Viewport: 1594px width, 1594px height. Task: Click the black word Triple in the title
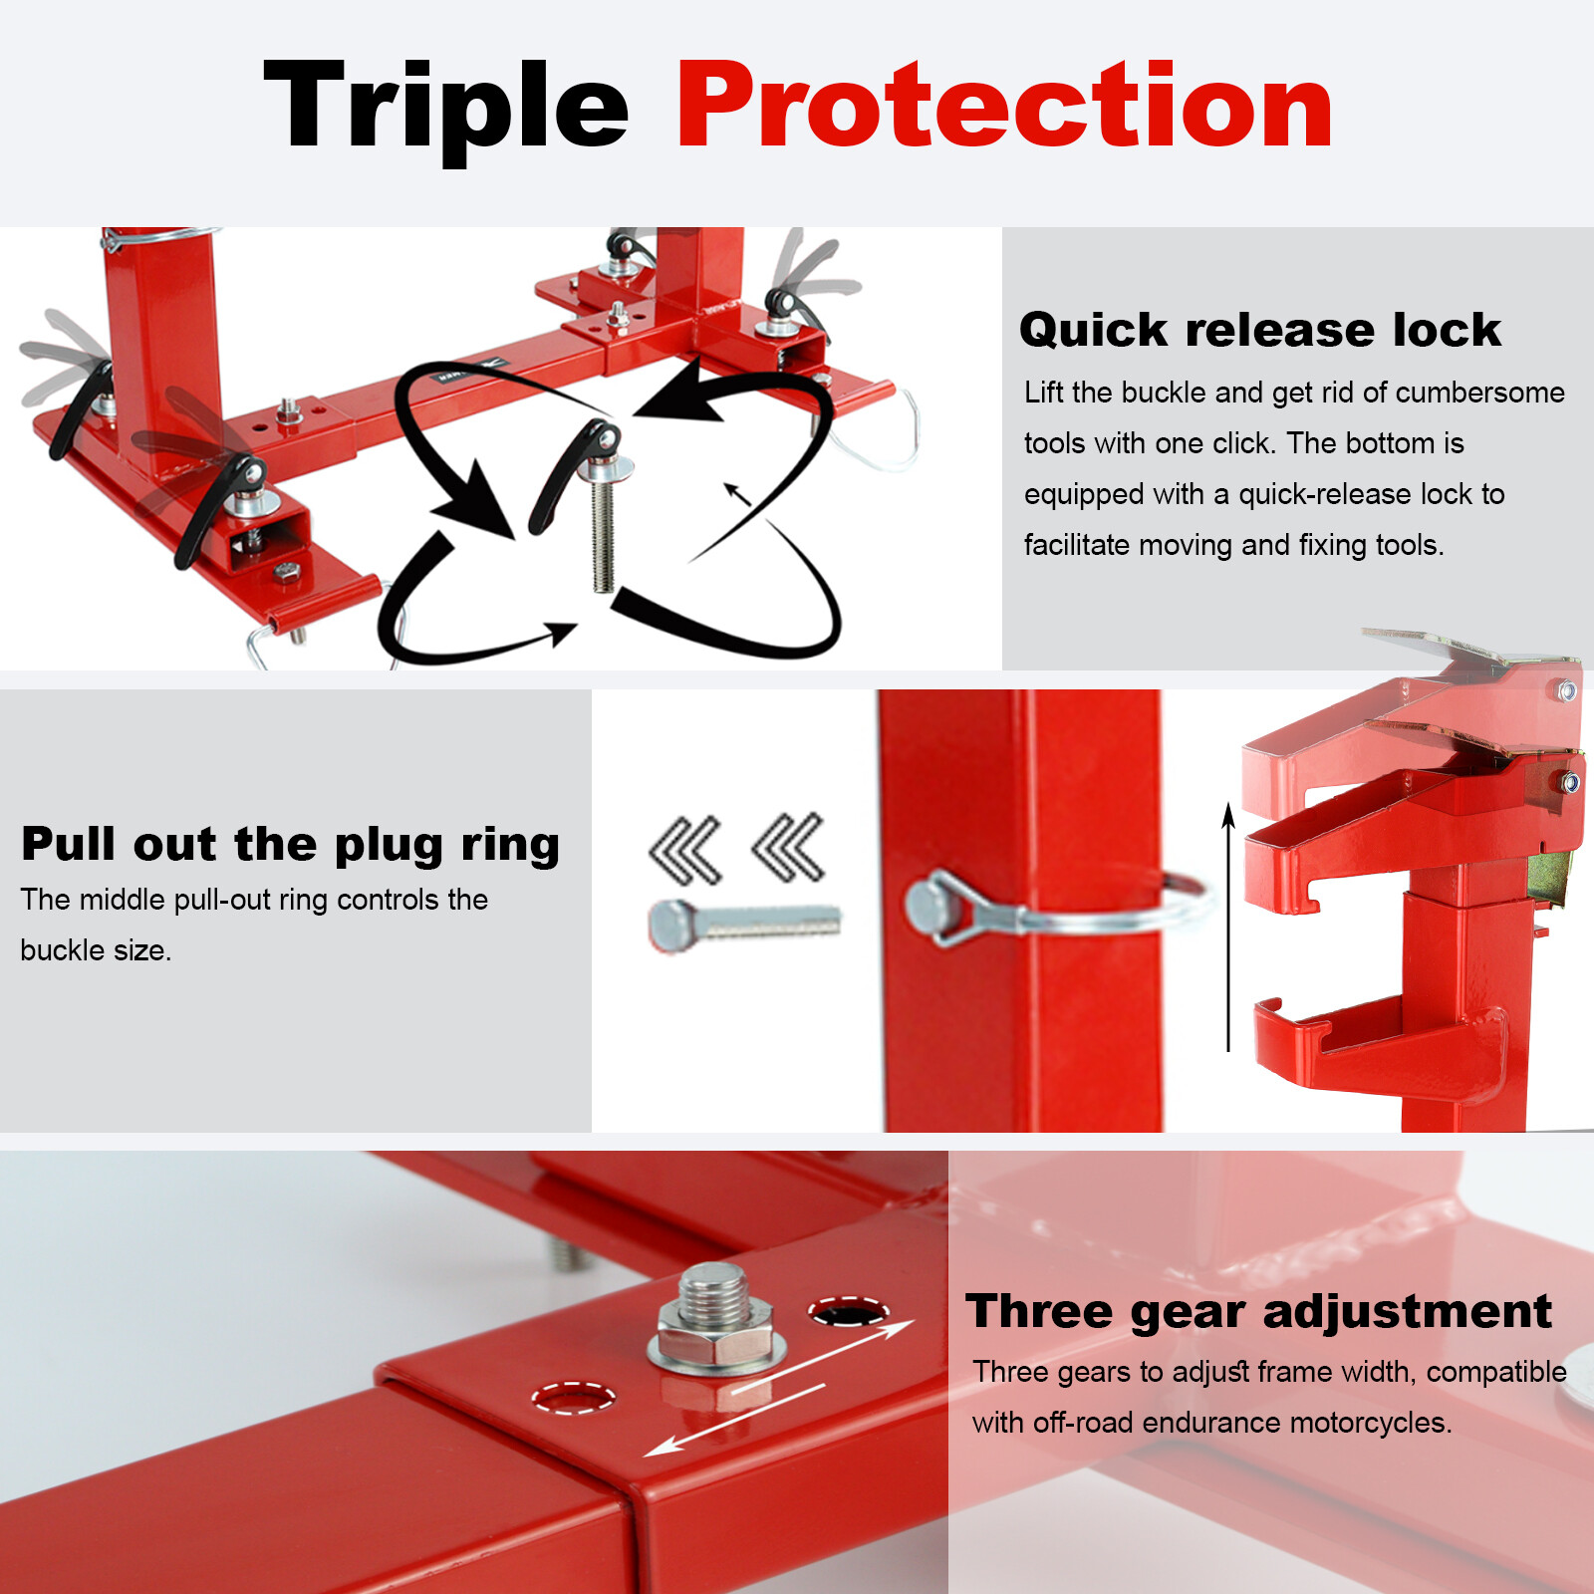pyautogui.click(x=445, y=110)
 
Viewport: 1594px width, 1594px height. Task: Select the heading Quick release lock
pyautogui.click(x=1259, y=330)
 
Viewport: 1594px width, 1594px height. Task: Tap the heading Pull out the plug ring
pyautogui.click(x=290, y=844)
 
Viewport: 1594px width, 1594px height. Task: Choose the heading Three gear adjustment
pyautogui.click(x=1258, y=1311)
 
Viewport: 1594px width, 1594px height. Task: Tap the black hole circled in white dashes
pyautogui.click(x=848, y=1313)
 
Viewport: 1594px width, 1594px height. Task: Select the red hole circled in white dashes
pyautogui.click(x=573, y=1398)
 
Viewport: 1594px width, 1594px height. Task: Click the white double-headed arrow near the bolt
pyautogui.click(x=779, y=1388)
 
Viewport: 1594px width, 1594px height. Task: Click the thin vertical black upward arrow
pyautogui.click(x=1228, y=927)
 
